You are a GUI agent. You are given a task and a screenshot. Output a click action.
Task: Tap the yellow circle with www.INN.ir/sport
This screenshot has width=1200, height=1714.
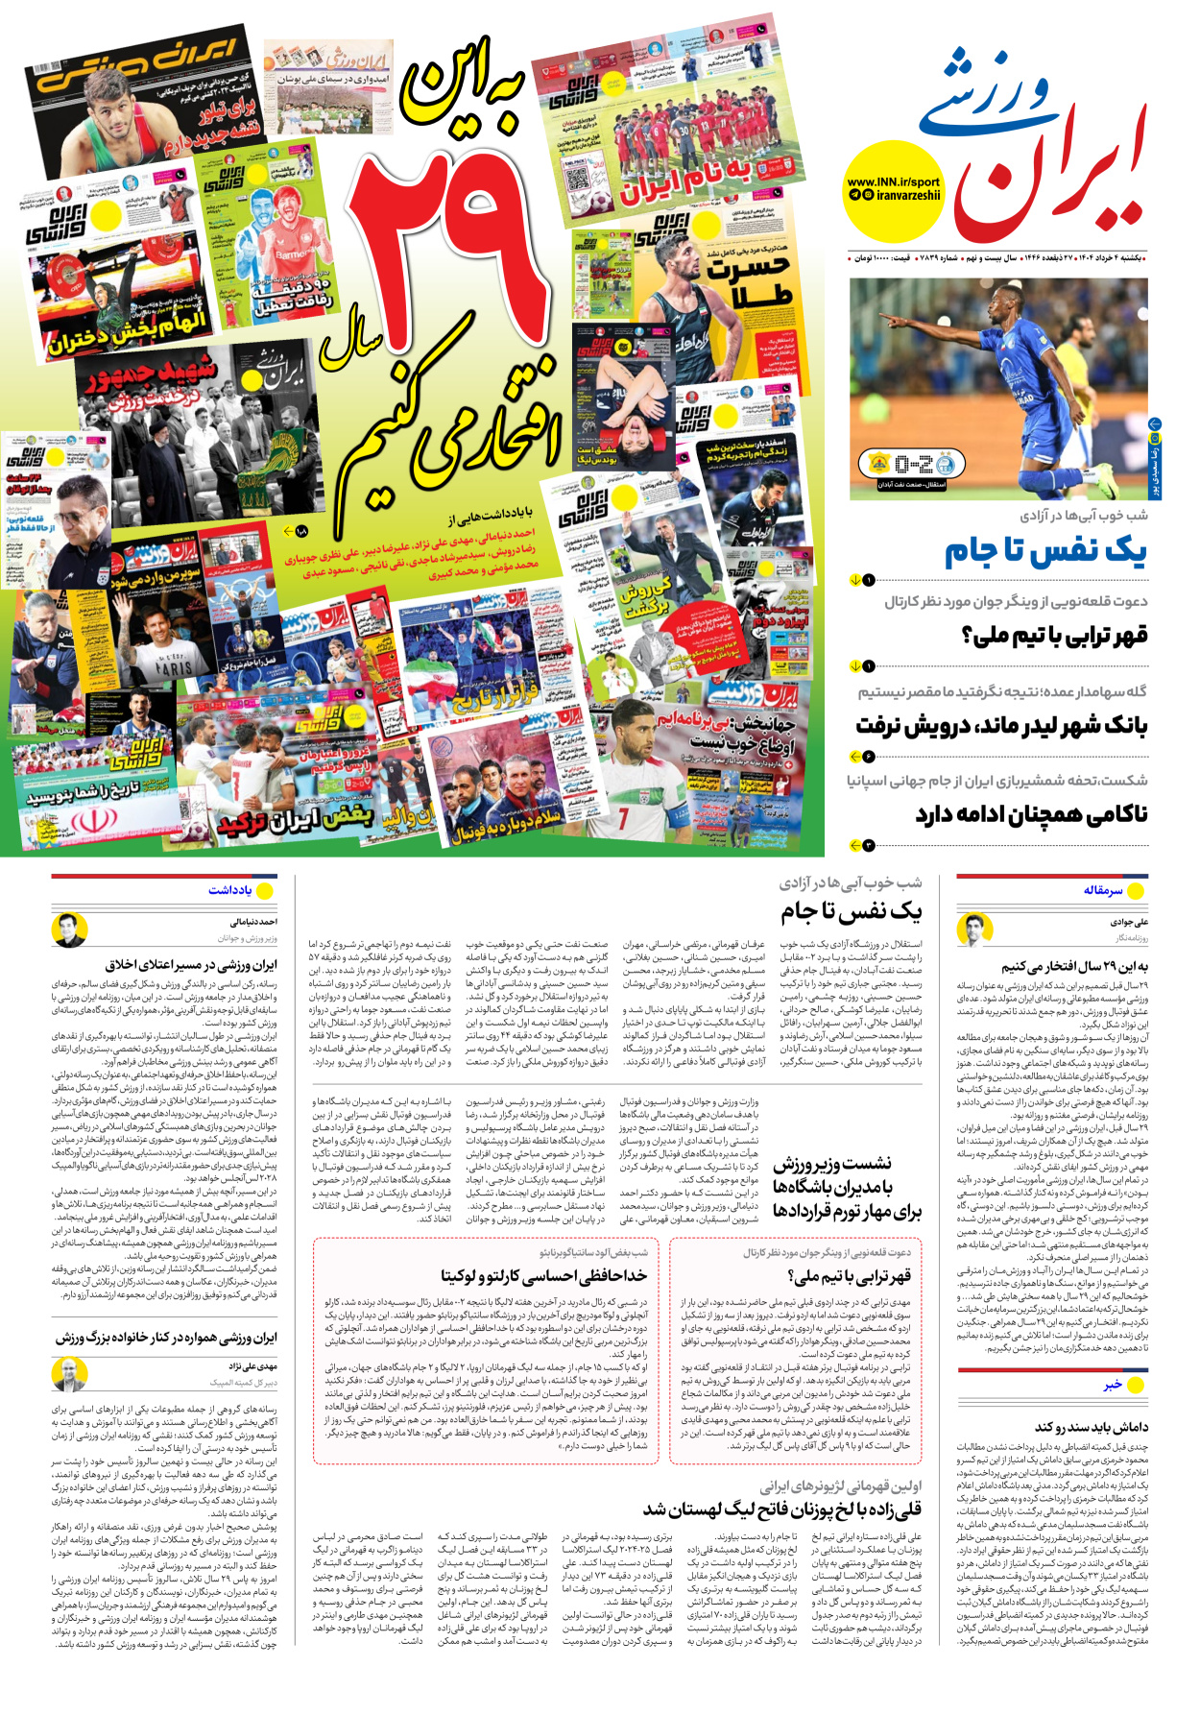[x=894, y=190]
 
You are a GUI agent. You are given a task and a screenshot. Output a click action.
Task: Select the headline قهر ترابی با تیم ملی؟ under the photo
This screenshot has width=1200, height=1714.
[x=1054, y=635]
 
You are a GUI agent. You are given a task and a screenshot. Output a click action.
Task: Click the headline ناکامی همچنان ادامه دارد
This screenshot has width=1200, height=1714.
[x=1031, y=814]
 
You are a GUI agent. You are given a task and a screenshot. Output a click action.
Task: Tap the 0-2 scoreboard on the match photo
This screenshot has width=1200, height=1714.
[x=913, y=465]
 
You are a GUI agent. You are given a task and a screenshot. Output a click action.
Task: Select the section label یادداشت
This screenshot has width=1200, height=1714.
[x=229, y=890]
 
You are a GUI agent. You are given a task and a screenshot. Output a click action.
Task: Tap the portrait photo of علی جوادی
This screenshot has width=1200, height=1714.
[x=974, y=929]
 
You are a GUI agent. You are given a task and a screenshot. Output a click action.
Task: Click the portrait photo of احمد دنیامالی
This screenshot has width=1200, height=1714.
[x=69, y=929]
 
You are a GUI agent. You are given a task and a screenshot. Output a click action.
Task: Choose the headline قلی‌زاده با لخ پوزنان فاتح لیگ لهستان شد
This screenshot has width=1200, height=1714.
[x=782, y=1509]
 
